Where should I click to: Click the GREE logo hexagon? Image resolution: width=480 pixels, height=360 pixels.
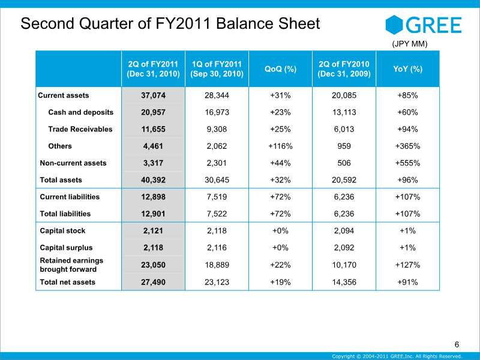394,25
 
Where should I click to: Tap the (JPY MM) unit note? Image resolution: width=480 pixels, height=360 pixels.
410,44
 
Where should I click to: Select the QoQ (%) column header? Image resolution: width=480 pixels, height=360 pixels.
280,69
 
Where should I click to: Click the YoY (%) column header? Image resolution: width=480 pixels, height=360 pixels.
408,69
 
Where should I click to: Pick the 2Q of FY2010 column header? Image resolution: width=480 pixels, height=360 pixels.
344,69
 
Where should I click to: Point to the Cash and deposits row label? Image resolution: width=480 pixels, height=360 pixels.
81,112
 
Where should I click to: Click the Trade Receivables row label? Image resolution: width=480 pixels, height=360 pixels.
80,129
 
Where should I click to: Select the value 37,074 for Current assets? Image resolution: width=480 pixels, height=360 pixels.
154,95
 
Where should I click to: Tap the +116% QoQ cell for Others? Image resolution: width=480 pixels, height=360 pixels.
280,146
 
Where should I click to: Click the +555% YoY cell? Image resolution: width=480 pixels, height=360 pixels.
408,163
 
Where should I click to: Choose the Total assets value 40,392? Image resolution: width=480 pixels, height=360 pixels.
154,180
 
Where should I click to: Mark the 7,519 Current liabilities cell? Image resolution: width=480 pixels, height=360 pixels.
217,197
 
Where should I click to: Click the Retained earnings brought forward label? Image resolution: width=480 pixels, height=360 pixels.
71,265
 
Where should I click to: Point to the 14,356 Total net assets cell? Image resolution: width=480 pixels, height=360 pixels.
344,282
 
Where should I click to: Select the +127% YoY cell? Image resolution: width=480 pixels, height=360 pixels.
408,265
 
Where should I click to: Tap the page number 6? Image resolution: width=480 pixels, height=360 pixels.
457,344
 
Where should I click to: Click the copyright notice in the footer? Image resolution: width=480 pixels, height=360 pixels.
397,356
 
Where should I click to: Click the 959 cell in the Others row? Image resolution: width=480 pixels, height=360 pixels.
344,146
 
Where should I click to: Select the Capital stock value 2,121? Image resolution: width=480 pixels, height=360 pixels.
154,231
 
